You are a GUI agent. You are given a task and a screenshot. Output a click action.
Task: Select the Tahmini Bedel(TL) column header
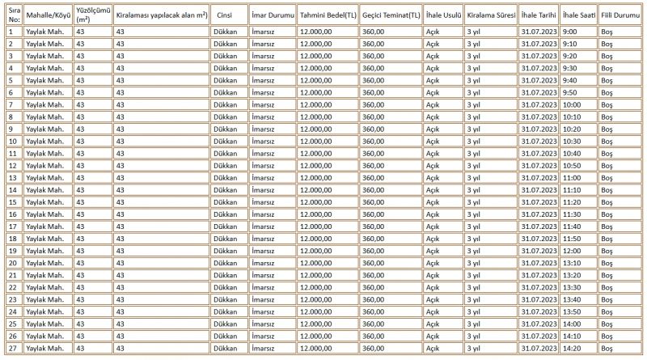tap(328, 15)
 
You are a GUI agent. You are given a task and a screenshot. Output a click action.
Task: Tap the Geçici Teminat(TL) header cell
tap(391, 15)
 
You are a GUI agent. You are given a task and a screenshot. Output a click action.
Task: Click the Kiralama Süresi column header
tap(491, 15)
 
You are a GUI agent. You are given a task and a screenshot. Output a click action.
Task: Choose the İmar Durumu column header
tap(273, 15)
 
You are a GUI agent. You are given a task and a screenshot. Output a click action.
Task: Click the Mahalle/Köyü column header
tap(48, 15)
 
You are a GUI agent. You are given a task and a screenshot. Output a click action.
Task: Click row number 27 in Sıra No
tap(13, 348)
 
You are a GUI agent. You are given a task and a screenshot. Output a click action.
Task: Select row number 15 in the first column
tap(13, 201)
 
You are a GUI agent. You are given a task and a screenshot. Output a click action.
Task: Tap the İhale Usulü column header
tap(443, 15)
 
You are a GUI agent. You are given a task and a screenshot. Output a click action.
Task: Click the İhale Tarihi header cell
tap(539, 15)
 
